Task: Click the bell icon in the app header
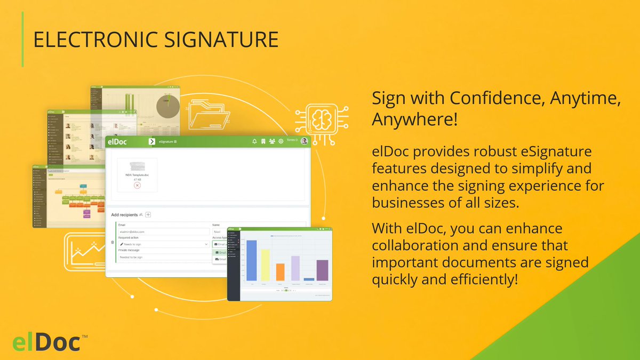[255, 141]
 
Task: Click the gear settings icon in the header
[281, 141]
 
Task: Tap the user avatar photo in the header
[304, 141]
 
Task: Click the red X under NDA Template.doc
[137, 185]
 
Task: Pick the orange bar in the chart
[281, 272]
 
